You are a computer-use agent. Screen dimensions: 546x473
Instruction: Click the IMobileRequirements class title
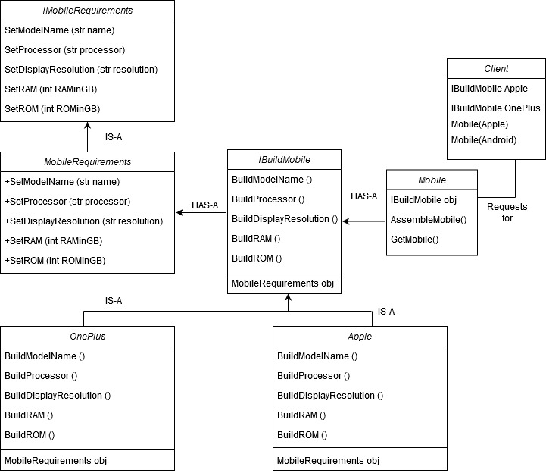coord(87,11)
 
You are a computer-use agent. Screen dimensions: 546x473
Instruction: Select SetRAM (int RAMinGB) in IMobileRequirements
coord(51,89)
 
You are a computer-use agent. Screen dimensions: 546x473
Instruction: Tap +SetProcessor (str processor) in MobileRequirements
coord(67,202)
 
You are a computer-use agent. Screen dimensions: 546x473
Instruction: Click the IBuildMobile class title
coord(284,160)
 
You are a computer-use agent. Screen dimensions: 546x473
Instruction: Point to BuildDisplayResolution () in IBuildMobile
coord(285,219)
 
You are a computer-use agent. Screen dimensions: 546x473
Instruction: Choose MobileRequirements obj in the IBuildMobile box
coord(282,283)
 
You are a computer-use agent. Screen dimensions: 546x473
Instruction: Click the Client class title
coord(496,69)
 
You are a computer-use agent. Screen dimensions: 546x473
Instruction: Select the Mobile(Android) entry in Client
coord(484,139)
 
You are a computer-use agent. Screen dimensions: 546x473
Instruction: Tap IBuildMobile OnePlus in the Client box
coord(495,108)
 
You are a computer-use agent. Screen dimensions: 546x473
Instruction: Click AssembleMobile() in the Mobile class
coord(429,220)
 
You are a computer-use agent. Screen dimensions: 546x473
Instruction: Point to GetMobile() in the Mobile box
coord(415,239)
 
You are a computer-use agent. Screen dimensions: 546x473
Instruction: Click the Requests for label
coord(507,212)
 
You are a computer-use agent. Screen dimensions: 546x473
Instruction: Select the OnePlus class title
coord(87,336)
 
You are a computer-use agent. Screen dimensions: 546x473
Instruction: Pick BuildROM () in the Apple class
coord(302,435)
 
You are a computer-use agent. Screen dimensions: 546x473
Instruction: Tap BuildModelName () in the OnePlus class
coord(45,356)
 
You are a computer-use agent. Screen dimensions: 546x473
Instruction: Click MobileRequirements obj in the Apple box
coord(328,460)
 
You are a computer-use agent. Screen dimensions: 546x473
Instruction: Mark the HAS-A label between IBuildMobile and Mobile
coord(364,196)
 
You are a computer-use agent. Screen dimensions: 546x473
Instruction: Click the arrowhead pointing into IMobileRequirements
coord(87,126)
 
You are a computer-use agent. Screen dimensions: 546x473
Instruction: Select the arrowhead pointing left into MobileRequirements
coord(179,212)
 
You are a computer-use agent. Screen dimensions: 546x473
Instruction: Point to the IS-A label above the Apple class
coord(386,312)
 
